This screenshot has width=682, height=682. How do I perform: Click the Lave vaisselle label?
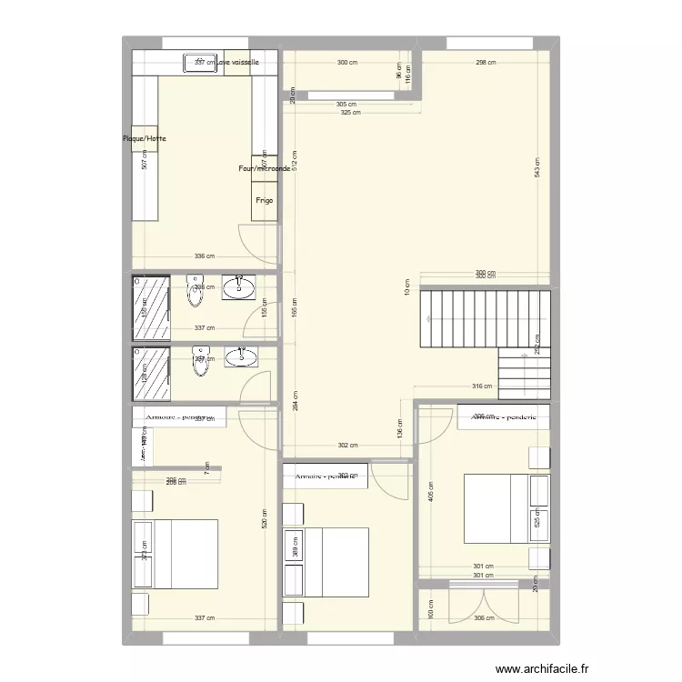click(238, 63)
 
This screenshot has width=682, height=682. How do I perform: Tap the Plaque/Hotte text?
click(145, 139)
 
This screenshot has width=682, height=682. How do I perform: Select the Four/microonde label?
click(265, 168)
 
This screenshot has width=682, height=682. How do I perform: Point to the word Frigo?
click(265, 201)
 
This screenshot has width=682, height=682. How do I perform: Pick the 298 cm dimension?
click(486, 63)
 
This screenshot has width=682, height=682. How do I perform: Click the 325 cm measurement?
click(350, 113)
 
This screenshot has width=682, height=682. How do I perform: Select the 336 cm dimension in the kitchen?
click(205, 256)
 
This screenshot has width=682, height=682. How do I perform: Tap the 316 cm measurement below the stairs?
click(481, 386)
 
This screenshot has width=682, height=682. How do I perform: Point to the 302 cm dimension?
click(347, 446)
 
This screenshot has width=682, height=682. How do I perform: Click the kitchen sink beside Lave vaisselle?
click(199, 63)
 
